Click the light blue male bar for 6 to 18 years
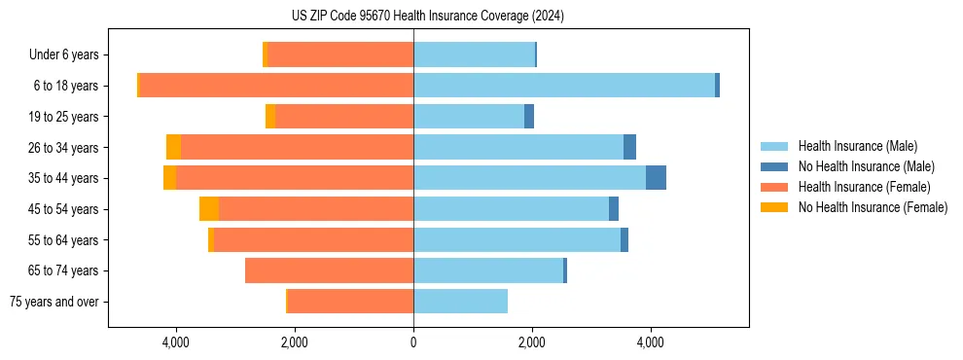tap(564, 86)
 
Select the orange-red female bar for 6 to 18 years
tap(277, 86)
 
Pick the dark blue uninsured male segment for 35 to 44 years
tap(656, 178)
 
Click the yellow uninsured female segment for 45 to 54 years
tap(209, 209)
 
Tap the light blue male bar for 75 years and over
tap(460, 302)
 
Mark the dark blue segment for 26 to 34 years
tap(629, 147)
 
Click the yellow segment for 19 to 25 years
tap(270, 117)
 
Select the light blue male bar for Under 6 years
tap(474, 55)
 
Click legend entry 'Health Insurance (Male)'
tap(857, 147)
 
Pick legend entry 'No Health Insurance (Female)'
tap(873, 207)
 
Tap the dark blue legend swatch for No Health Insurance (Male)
tap(774, 167)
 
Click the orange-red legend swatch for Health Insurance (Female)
tap(774, 187)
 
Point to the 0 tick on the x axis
tap(413, 342)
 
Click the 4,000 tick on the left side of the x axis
tap(176, 342)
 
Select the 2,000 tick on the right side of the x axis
tap(532, 342)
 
